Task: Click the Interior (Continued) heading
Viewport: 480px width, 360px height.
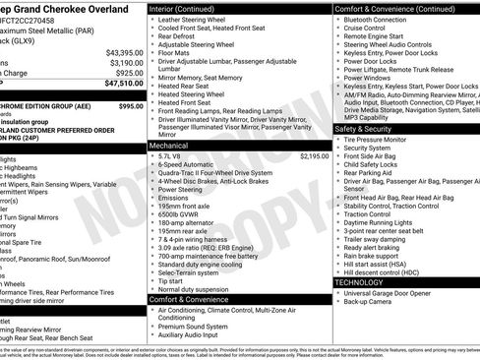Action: coord(189,8)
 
